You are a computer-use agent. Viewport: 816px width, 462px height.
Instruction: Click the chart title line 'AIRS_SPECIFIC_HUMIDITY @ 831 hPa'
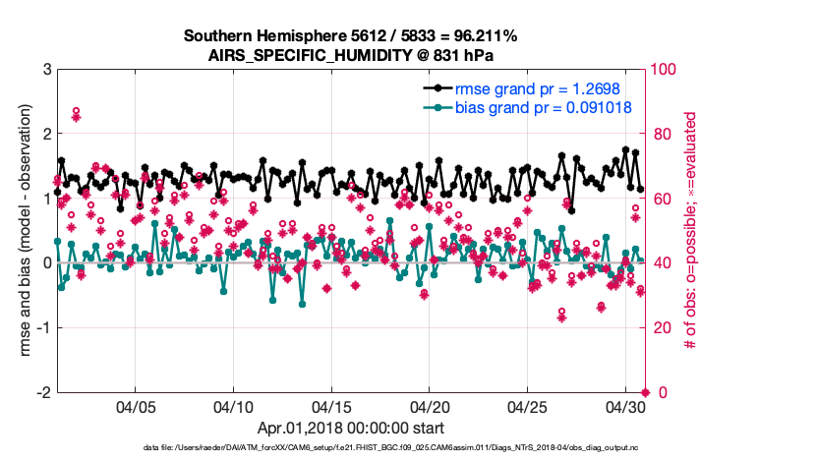pos(351,55)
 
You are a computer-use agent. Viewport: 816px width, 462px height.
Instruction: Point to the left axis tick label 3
pos(46,70)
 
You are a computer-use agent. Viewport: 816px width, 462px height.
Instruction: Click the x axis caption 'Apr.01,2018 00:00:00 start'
pos(351,429)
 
